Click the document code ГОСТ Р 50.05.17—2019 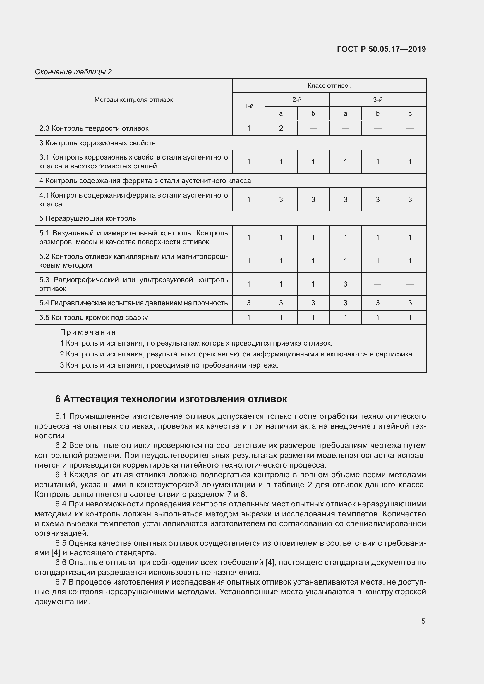(381, 49)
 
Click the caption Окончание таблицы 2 (73, 72)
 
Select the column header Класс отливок (329, 86)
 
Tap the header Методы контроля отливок (133, 100)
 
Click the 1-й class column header (248, 106)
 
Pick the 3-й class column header (377, 100)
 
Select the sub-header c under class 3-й (410, 113)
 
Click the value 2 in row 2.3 (281, 128)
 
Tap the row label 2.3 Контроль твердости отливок (94, 128)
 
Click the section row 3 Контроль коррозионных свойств (97, 143)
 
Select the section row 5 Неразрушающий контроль (87, 218)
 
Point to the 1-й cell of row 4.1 (248, 200)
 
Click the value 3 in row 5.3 (345, 284)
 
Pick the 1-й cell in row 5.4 (248, 303)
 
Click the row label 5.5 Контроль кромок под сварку (94, 318)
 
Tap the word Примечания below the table (87, 332)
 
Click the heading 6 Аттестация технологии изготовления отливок (171, 399)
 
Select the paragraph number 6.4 (61, 504)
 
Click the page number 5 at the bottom (423, 621)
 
